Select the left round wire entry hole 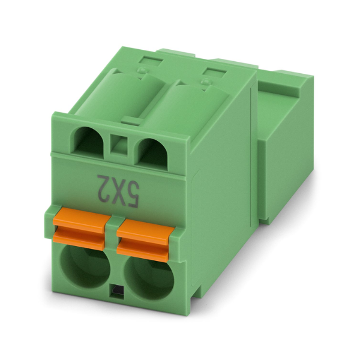85,266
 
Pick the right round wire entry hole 149,278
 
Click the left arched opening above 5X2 88,140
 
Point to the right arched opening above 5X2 152,152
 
